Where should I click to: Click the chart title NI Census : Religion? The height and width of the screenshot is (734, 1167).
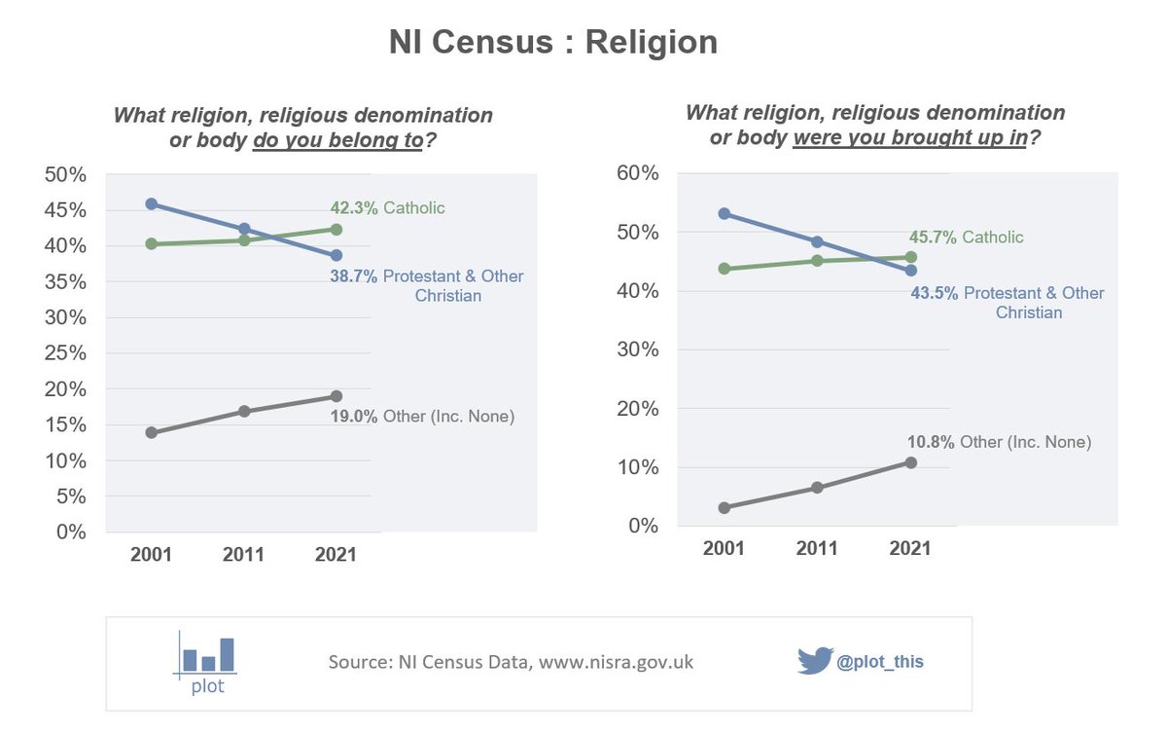coord(553,43)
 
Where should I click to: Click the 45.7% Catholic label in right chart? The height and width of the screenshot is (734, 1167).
coord(966,238)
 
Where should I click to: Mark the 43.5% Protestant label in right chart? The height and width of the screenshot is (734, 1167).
coord(1007,302)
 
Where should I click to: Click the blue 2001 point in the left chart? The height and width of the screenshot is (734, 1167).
coord(152,203)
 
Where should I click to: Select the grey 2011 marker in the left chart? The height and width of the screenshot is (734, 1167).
coord(244,412)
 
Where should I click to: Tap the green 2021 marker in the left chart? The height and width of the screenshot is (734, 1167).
coord(336,230)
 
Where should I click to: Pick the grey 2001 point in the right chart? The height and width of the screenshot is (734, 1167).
coord(725,507)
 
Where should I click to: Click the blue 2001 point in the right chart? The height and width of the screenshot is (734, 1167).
coord(725,213)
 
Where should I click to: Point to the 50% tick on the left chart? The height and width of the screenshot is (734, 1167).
coord(67,174)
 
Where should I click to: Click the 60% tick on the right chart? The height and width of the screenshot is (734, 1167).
coord(637,174)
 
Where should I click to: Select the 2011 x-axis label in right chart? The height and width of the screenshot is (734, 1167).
coord(817,548)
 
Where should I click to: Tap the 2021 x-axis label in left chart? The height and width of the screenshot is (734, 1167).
coord(336,555)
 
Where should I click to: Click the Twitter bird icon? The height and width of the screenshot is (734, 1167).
coord(815,660)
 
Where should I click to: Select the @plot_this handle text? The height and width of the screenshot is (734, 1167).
coord(880,662)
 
